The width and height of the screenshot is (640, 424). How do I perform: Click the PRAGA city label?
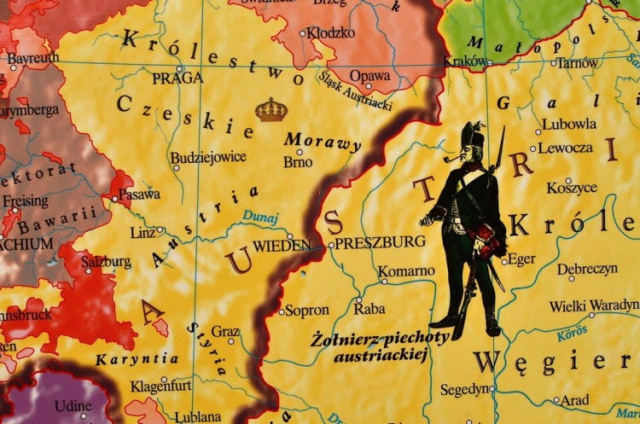(177, 78)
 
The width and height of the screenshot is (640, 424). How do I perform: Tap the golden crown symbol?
(271, 109)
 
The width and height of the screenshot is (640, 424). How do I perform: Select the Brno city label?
(298, 160)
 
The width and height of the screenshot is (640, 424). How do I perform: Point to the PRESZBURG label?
(380, 242)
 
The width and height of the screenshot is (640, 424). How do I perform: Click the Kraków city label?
(465, 61)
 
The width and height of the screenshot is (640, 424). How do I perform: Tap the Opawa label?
(370, 76)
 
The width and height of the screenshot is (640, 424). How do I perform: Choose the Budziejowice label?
(208, 157)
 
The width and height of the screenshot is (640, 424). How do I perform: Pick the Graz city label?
(225, 331)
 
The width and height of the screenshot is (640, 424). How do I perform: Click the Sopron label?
(307, 310)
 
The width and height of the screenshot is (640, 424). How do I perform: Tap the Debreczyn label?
(588, 269)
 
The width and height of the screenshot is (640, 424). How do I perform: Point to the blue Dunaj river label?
(260, 218)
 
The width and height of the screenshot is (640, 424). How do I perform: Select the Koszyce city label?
(572, 187)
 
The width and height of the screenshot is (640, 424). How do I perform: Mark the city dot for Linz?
(160, 230)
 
